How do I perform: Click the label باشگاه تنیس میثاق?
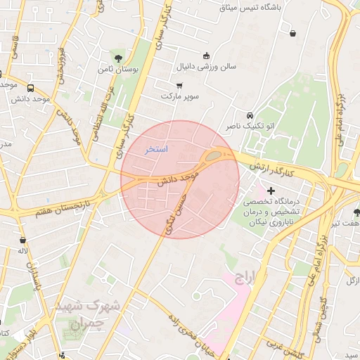pos(262,8)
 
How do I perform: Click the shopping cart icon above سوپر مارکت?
pos(179,85)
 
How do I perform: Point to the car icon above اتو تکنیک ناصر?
pos(250,115)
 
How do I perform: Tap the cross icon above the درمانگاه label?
pos(271,191)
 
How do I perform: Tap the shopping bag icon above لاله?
pos(23,240)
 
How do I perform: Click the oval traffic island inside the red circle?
pos(214,157)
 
